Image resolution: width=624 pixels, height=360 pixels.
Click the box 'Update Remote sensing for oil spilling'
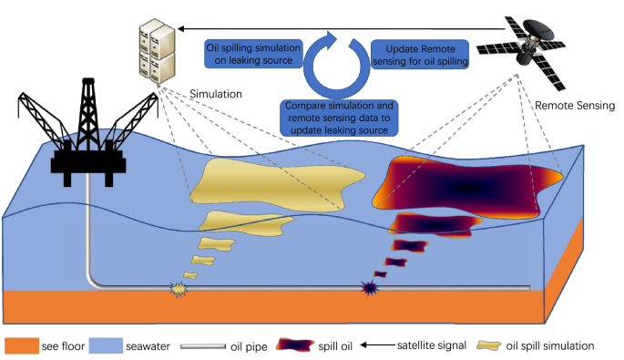pos(418,53)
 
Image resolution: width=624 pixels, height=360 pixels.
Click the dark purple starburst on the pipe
pos(371,290)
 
